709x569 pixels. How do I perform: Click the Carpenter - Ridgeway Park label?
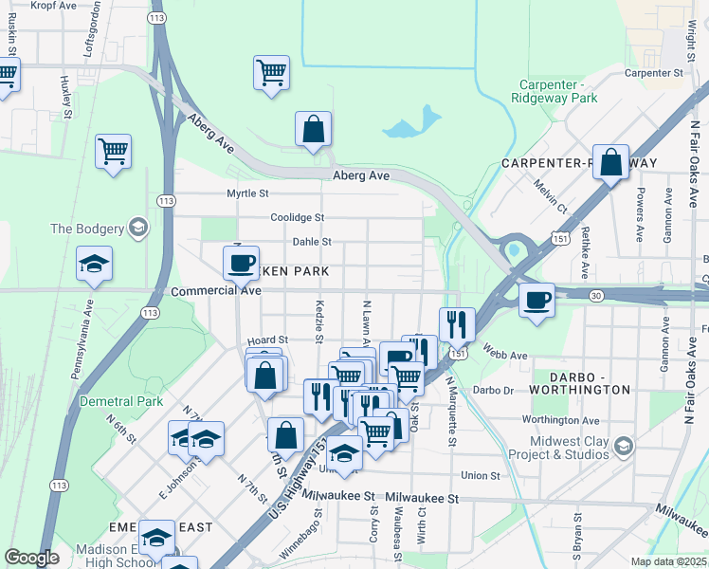click(x=554, y=90)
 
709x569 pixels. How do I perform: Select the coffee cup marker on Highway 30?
click(x=537, y=301)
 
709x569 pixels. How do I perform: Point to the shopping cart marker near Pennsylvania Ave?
click(x=113, y=150)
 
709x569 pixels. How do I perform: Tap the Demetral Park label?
click(x=121, y=401)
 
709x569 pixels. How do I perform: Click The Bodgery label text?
click(x=87, y=229)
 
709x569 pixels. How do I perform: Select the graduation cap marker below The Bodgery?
click(x=94, y=265)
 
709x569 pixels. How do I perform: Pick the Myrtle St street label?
click(x=247, y=193)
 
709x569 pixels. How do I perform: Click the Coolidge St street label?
click(x=297, y=217)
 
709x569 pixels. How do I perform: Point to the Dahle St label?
click(x=311, y=242)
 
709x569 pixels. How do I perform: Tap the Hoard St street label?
click(x=266, y=340)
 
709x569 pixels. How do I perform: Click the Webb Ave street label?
click(x=505, y=355)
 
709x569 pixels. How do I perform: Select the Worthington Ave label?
click(x=559, y=420)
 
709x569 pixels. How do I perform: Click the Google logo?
click(x=31, y=558)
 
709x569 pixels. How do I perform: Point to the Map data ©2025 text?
click(x=669, y=561)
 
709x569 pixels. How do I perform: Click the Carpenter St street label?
click(x=653, y=72)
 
